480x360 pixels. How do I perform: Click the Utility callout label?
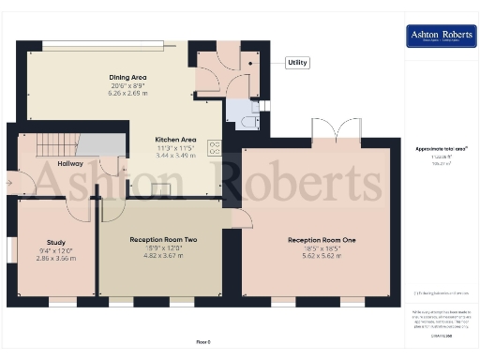pos(297,63)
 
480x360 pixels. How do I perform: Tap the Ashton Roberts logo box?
pos(439,37)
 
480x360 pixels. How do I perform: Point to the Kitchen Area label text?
pos(176,139)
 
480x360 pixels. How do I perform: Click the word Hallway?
pos(70,164)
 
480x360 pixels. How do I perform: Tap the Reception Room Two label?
pos(162,240)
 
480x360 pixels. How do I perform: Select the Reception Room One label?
pos(322,240)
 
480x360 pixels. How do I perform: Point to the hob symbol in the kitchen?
pos(214,149)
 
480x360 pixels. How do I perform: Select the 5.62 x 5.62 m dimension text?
pos(322,256)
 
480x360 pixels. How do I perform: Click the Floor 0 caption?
pos(203,341)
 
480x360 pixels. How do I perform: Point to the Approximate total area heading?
pos(442,149)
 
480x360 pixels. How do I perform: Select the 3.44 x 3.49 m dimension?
pos(176,155)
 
